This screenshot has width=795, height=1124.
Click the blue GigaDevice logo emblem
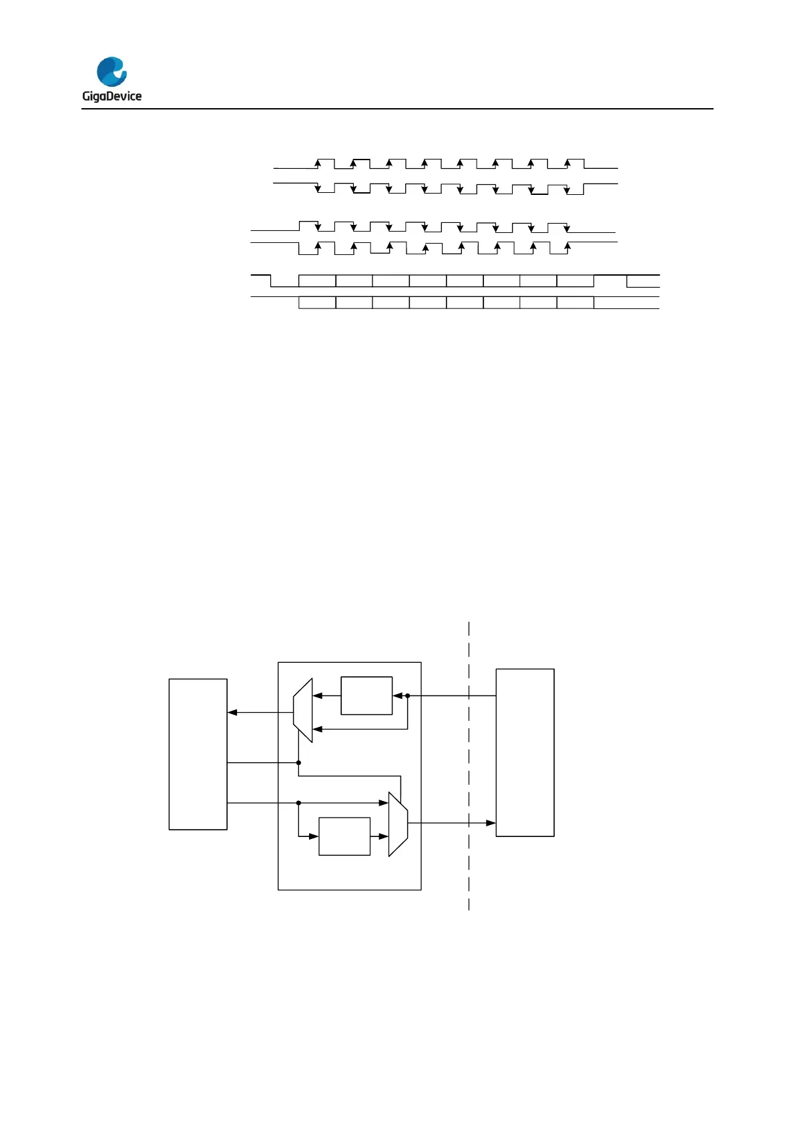(111, 71)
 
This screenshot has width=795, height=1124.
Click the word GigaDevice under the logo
(111, 96)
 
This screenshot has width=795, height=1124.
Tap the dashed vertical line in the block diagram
(469, 768)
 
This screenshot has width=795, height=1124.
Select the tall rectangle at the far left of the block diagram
(198, 754)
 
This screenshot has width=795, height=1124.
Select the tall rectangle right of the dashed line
(525, 752)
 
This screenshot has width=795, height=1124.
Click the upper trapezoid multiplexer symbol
(303, 710)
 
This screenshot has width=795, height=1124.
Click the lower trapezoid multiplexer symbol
(398, 824)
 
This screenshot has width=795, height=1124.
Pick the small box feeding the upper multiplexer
(366, 695)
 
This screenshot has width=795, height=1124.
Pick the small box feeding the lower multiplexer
(344, 836)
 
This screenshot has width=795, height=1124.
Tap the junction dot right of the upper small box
(407, 695)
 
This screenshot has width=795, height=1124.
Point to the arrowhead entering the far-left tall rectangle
(232, 713)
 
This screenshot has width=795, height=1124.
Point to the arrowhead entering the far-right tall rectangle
(491, 823)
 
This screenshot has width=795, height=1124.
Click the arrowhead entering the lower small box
(314, 836)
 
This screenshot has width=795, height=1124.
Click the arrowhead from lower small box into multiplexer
(384, 836)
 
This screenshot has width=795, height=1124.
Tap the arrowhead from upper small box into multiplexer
(317, 695)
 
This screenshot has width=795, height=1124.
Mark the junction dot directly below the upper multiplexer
(298, 762)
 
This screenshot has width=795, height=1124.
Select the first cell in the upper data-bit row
(317, 280)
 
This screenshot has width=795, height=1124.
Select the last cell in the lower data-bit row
(575, 302)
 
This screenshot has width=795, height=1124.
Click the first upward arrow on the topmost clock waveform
(318, 163)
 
